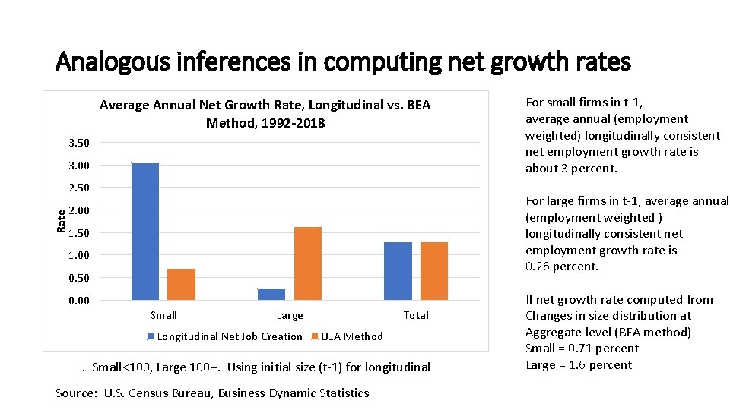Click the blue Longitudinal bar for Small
[145, 232]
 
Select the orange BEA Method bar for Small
[181, 284]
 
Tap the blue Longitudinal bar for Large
[271, 294]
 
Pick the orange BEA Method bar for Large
[307, 263]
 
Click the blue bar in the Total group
[398, 271]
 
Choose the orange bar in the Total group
[433, 271]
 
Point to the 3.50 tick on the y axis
[78, 143]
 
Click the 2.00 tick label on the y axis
[78, 210]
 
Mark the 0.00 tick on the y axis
[78, 301]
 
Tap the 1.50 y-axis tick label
[78, 233]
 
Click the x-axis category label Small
[163, 315]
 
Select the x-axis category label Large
[289, 315]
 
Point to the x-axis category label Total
[416, 315]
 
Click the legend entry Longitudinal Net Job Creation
[229, 336]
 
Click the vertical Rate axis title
[61, 222]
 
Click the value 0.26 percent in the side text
[562, 266]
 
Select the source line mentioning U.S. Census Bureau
[212, 393]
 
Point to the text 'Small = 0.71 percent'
[582, 348]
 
